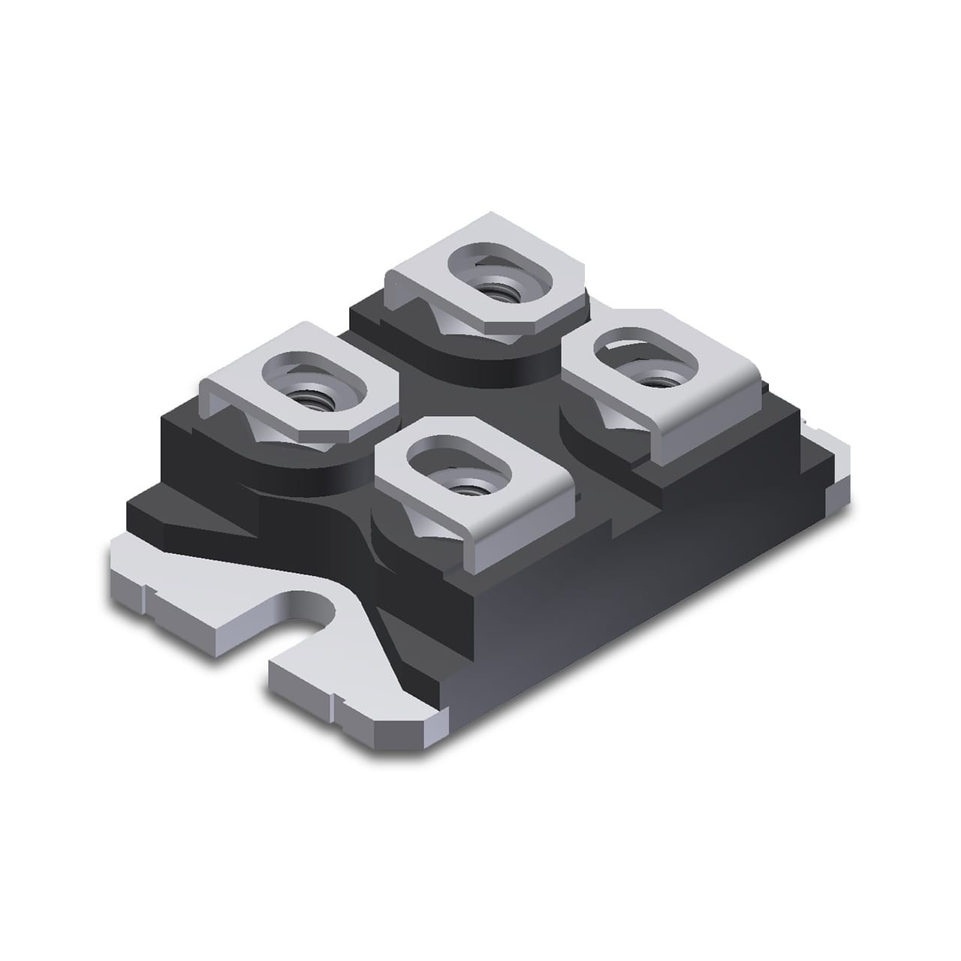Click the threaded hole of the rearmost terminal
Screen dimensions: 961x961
(496, 289)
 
